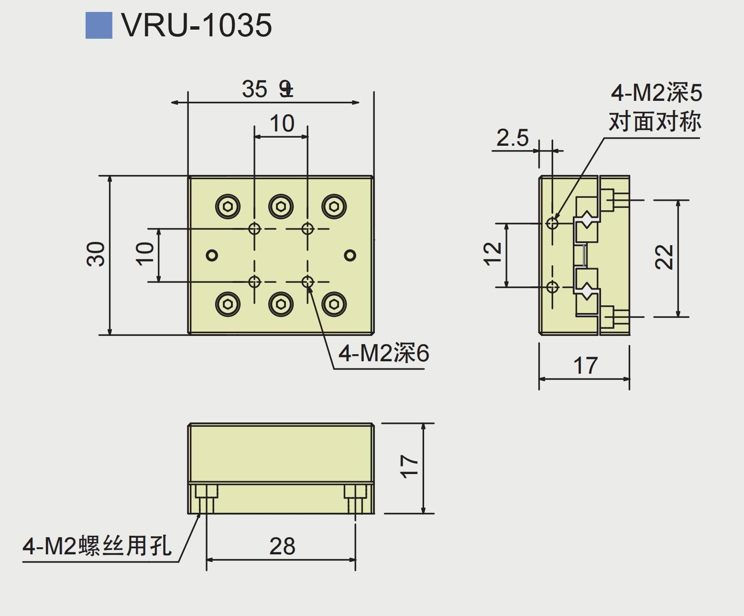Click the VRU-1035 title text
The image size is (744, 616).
click(197, 25)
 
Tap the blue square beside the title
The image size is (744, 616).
click(98, 25)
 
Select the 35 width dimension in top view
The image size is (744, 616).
click(254, 89)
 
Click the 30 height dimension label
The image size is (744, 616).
click(96, 254)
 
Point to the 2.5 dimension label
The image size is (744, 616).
click(512, 138)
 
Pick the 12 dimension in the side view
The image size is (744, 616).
click(493, 254)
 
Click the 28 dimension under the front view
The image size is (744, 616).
click(282, 546)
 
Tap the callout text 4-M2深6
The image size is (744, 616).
click(383, 354)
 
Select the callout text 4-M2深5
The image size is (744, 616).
click(656, 92)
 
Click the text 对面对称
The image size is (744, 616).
click(655, 121)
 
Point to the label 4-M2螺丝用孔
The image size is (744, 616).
click(97, 546)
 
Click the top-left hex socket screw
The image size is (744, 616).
click(228, 206)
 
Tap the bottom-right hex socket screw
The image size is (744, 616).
click(334, 304)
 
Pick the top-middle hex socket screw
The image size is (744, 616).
click(281, 206)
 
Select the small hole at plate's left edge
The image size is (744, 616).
click(212, 255)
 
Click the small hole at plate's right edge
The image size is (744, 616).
click(350, 255)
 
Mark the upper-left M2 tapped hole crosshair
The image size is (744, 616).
click(254, 228)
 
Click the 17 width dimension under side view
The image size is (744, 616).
click(585, 366)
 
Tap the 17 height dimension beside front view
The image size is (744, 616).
click(409, 466)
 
